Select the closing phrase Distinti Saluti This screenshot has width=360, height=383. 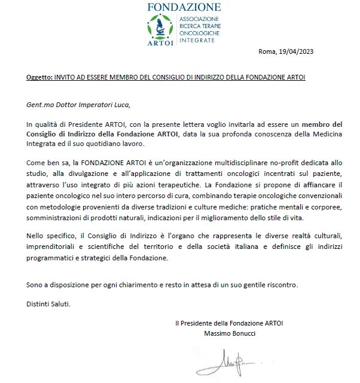pos(48,303)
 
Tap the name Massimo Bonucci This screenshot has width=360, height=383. pos(230,333)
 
